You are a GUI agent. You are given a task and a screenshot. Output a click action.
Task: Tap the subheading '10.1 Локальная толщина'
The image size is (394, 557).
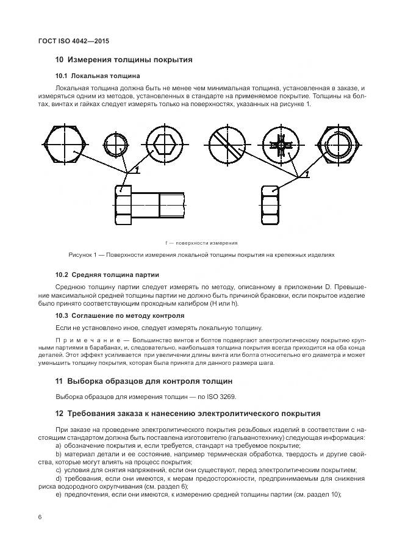pyautogui.click(x=98, y=76)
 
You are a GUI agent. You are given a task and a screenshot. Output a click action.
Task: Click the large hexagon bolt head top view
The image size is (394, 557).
pyautogui.click(x=61, y=146)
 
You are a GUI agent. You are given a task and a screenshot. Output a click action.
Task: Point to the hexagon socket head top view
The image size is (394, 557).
pyautogui.click(x=166, y=146)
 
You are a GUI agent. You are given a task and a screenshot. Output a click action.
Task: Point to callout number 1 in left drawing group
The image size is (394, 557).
pyautogui.click(x=138, y=168)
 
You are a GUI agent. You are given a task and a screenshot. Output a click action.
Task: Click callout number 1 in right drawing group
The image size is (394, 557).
pyautogui.click(x=307, y=173)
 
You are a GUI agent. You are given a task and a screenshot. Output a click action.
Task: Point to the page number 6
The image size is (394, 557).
pyautogui.click(x=40, y=517)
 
